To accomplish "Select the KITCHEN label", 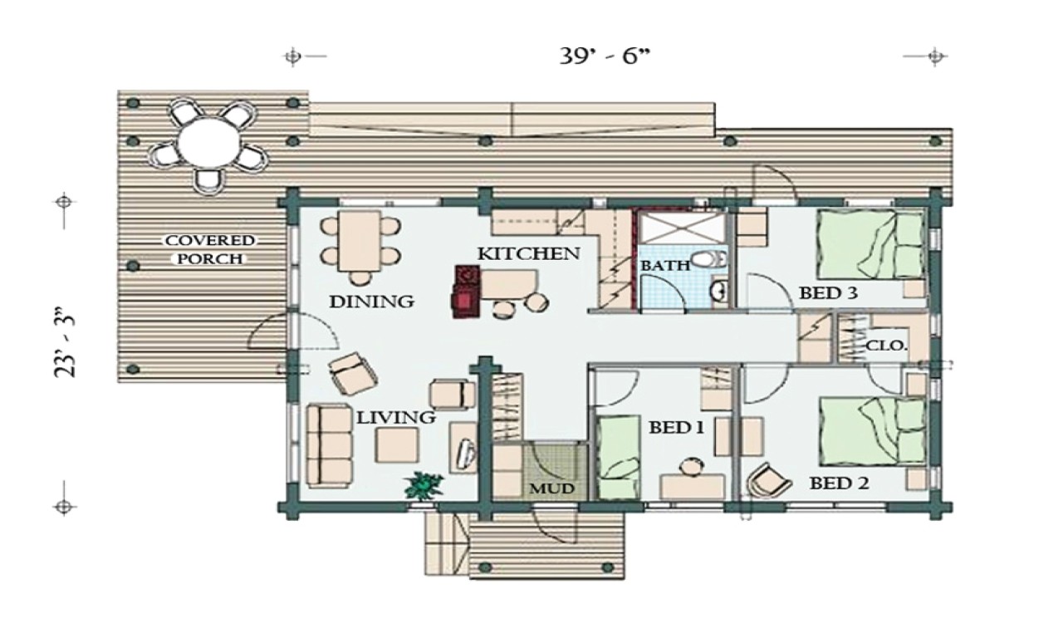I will (528, 253).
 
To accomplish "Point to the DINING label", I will (371, 302).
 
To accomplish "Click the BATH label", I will (664, 266).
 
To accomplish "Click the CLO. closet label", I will (886, 346).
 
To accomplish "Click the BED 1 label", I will (677, 428).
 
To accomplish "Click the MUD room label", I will (552, 488).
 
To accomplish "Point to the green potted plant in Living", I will (424, 485).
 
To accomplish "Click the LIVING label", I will (396, 418).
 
